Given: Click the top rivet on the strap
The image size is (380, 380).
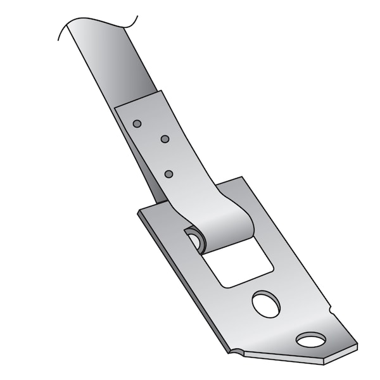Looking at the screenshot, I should [x=137, y=123].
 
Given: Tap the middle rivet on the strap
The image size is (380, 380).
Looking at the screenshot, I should [x=165, y=139].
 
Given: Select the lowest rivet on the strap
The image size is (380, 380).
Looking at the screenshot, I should [x=168, y=174].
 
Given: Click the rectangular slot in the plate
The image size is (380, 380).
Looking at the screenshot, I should [x=239, y=262].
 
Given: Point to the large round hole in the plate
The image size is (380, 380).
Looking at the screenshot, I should [x=266, y=304].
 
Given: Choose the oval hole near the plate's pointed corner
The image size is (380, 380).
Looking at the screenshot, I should [x=310, y=341].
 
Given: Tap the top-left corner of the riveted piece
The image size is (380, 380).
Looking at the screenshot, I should [x=115, y=107].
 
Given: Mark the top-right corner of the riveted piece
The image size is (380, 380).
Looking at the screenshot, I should [x=161, y=91].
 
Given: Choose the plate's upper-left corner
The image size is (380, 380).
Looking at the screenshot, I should [x=138, y=211].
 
